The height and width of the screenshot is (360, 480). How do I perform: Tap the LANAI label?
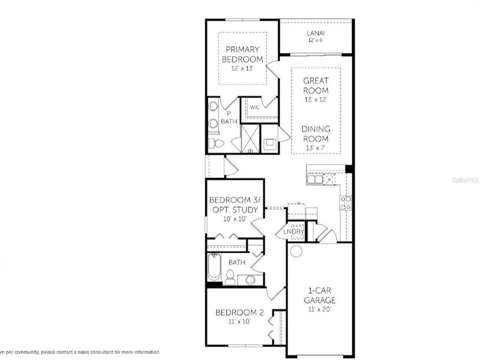[x=316, y=33]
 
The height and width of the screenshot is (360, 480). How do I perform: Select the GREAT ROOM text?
[x=316, y=86]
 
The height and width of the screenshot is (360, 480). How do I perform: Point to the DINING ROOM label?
[x=316, y=134]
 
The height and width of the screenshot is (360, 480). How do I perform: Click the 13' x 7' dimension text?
[x=316, y=148]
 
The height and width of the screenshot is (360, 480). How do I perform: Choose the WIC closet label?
[x=254, y=108]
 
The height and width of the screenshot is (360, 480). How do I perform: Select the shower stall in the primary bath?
[x=249, y=139]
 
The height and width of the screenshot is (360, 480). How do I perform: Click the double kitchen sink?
[x=315, y=180]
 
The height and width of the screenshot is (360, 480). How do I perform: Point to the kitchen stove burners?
[x=346, y=203]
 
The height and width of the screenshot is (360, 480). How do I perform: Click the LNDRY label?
[x=294, y=231]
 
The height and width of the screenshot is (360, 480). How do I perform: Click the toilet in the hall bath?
[x=230, y=277]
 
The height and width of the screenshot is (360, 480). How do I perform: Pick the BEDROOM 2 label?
[x=239, y=313]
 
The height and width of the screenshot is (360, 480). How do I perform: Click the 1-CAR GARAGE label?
[x=319, y=295]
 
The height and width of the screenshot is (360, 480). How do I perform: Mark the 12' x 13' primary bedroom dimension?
[x=242, y=69]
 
